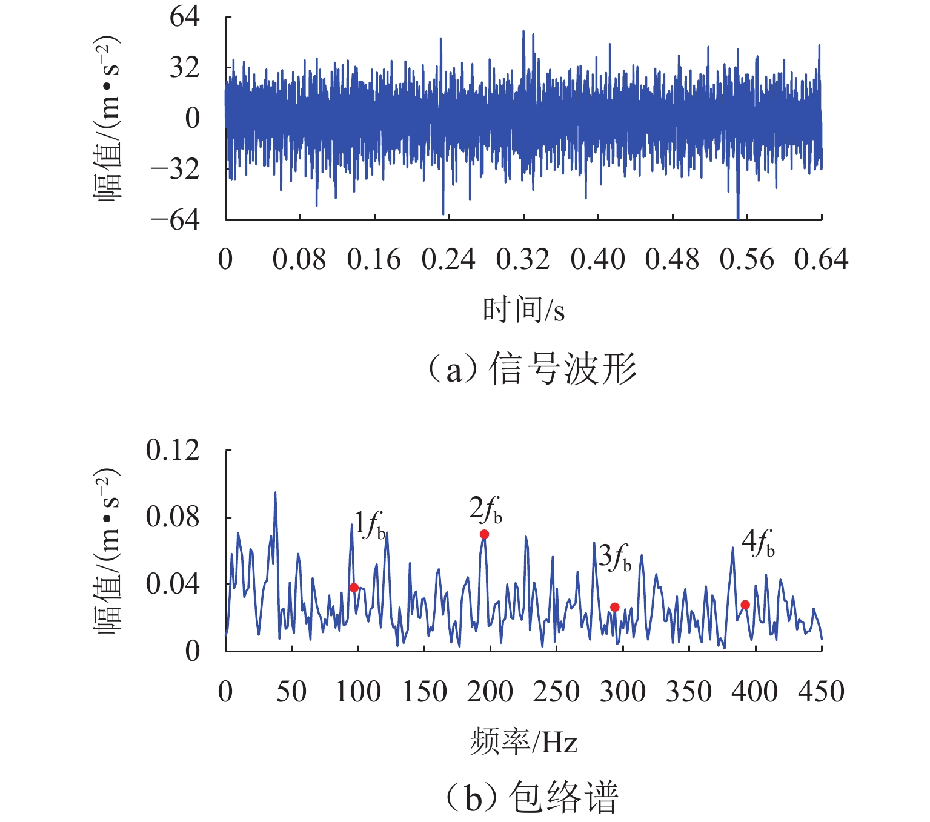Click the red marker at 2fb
[484, 534]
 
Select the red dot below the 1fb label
[354, 588]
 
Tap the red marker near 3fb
[614, 607]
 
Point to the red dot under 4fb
[745, 605]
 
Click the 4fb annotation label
[758, 543]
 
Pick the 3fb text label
[615, 557]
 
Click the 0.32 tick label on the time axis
[523, 260]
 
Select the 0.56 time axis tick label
[746, 260]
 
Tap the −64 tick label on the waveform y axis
[175, 220]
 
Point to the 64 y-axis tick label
[184, 17]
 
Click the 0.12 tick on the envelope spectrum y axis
[173, 451]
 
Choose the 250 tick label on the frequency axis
[556, 692]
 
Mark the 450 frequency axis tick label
[821, 692]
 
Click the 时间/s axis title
[523, 310]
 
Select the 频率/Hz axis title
[523, 741]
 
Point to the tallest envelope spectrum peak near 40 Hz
[275, 493]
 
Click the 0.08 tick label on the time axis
[299, 260]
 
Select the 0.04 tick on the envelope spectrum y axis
[173, 585]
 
